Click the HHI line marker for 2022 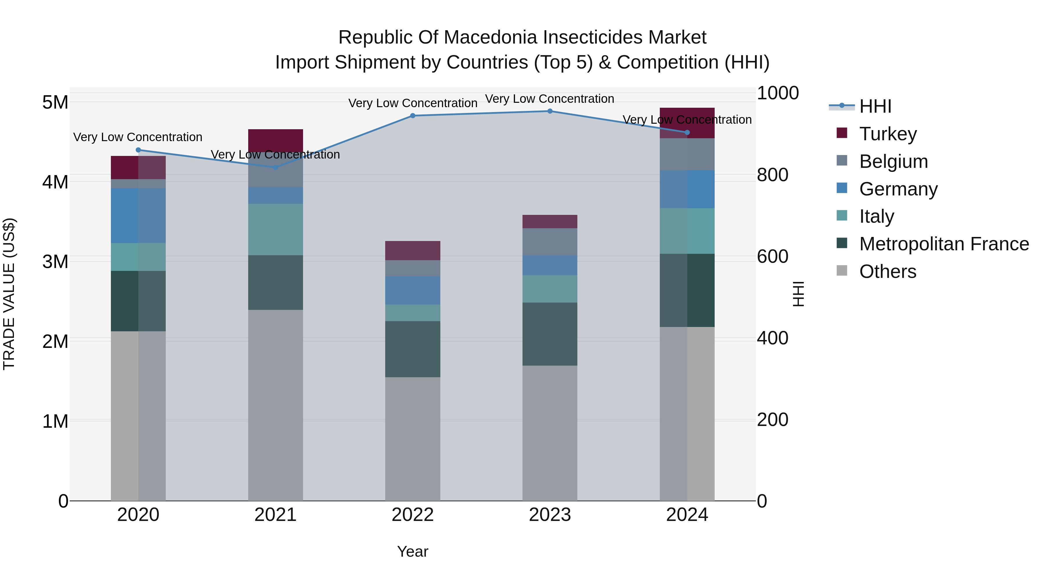[412, 116]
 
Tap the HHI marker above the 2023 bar [550, 111]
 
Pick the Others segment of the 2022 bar [412, 438]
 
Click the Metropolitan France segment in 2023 [550, 334]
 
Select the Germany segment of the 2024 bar [687, 189]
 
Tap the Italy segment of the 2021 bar [275, 229]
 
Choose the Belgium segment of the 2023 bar [550, 242]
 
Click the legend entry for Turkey [888, 134]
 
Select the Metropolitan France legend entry [944, 244]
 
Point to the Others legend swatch [842, 271]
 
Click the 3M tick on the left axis [55, 262]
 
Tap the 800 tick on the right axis [772, 175]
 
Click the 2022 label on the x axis [412, 515]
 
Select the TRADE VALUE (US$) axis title [9, 294]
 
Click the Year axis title [412, 551]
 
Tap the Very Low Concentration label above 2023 [550, 99]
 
